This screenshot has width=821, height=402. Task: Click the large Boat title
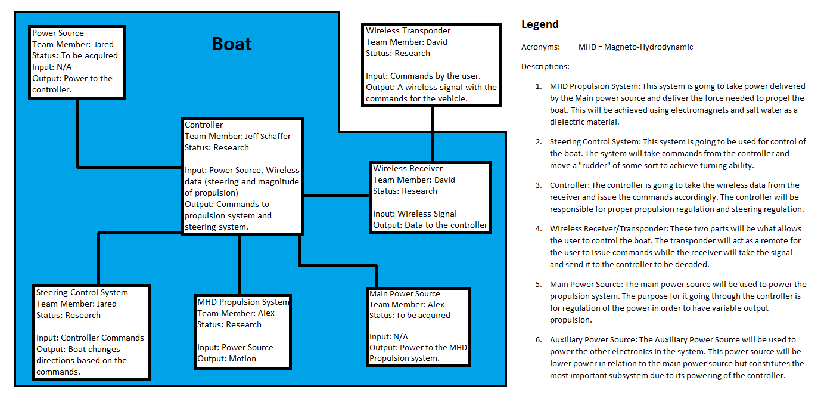click(232, 44)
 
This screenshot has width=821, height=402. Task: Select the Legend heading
click(540, 24)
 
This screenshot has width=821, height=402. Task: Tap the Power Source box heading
click(58, 33)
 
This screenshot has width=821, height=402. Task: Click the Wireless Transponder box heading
click(408, 31)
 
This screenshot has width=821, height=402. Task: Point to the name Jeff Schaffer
click(268, 137)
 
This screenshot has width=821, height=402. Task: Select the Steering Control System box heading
click(82, 293)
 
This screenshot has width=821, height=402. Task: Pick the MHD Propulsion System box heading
click(243, 302)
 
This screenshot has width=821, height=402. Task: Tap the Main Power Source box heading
click(405, 294)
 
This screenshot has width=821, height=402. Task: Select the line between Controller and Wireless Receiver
click(337, 195)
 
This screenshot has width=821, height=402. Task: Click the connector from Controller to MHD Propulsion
click(240, 263)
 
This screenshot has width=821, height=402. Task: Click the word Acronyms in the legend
click(540, 47)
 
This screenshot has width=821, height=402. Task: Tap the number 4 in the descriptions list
click(538, 229)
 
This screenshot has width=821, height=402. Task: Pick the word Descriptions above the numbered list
click(545, 67)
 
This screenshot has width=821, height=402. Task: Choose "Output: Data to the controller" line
click(430, 225)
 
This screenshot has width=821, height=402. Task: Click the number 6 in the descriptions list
click(538, 340)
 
